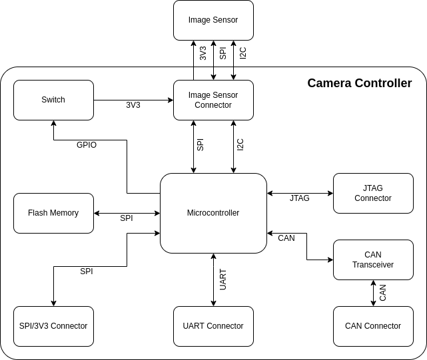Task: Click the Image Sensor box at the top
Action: coord(213,21)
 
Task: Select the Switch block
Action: coord(54,100)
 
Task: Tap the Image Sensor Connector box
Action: coord(213,100)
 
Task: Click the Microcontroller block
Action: coord(213,213)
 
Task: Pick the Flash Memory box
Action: coord(54,213)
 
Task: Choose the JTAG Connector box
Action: coord(373,193)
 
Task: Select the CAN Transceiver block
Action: coord(373,260)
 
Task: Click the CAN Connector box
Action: coord(373,326)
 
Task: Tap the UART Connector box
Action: coord(213,326)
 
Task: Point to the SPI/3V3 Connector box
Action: coord(54,326)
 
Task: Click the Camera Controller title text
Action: coord(360,83)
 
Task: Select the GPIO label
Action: coord(87,145)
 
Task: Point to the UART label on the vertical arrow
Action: coord(223,279)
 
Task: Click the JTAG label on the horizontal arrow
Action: coord(300,198)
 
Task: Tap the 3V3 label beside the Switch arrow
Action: coord(133,104)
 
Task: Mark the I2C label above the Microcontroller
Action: coord(240,145)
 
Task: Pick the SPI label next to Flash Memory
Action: coord(127,218)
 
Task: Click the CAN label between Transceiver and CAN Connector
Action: coord(382,293)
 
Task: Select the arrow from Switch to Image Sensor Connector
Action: coord(133,100)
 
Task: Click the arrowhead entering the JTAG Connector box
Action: coord(330,193)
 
